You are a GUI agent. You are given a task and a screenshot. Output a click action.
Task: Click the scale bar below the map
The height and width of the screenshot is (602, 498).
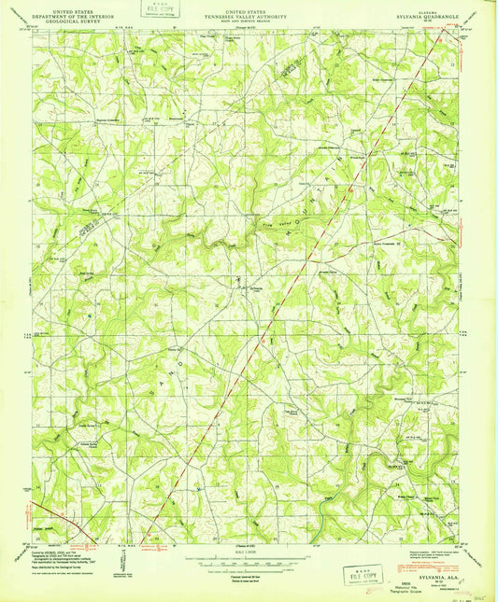[249, 561]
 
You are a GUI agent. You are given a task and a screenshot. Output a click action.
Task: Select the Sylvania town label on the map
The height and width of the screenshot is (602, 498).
[245, 288]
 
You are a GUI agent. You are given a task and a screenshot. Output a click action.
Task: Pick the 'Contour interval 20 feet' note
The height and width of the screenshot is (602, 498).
[249, 568]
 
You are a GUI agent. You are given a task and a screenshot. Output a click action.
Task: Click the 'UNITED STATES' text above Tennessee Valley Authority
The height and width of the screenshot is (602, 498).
[249, 5]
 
